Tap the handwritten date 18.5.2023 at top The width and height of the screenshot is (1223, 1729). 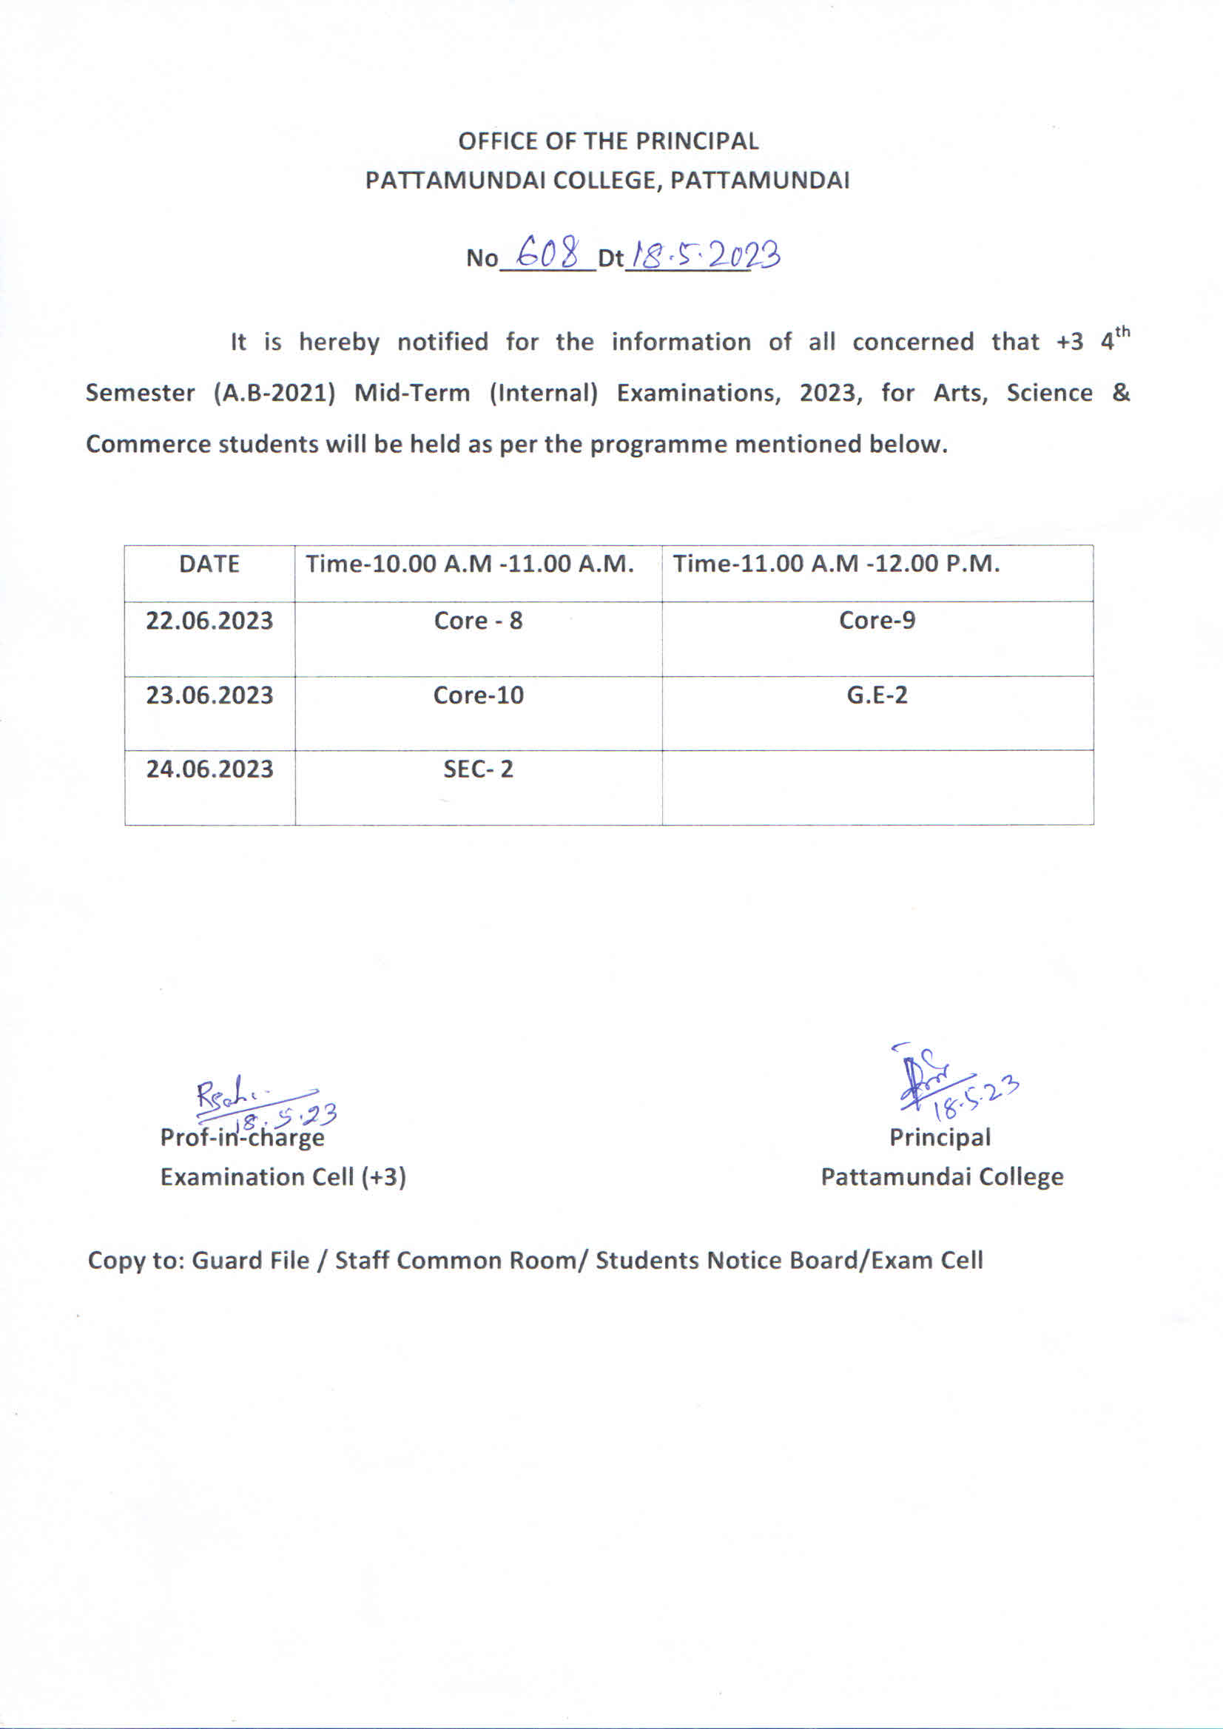(x=706, y=256)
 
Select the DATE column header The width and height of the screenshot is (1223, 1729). (x=209, y=564)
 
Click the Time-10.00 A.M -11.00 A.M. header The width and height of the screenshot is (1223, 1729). (x=469, y=564)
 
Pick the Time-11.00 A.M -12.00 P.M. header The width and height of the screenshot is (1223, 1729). (x=836, y=564)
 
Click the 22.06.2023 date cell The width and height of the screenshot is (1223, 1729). (x=209, y=621)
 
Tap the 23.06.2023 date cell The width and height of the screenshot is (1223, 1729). (x=209, y=694)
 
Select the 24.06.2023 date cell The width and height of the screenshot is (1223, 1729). (x=209, y=769)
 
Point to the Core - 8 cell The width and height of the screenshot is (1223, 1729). (x=478, y=621)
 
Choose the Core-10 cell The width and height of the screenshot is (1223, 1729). (x=478, y=694)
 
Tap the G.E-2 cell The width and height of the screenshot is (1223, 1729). (x=877, y=694)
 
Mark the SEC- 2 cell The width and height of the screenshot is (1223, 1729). (x=478, y=769)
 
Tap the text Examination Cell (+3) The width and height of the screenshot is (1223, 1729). (x=283, y=1176)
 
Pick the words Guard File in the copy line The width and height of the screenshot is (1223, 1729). (x=251, y=1261)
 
